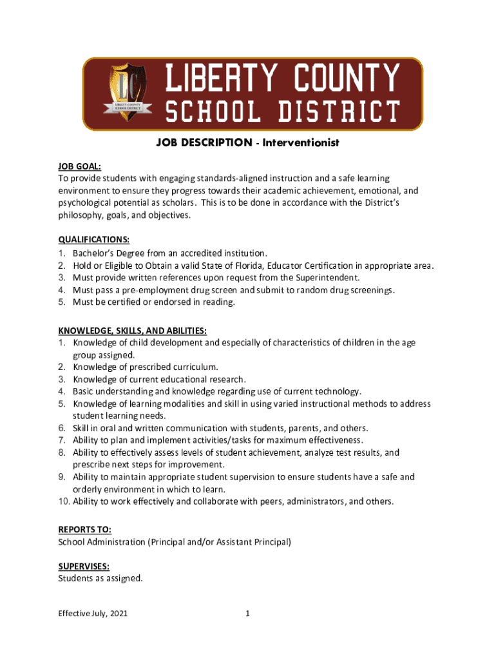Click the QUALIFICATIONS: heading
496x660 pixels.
click(94, 240)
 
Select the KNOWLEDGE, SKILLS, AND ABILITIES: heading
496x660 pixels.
click(133, 330)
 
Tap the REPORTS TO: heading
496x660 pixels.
click(85, 529)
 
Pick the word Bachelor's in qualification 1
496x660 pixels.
click(95, 253)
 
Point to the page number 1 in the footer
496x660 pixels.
click(247, 614)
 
